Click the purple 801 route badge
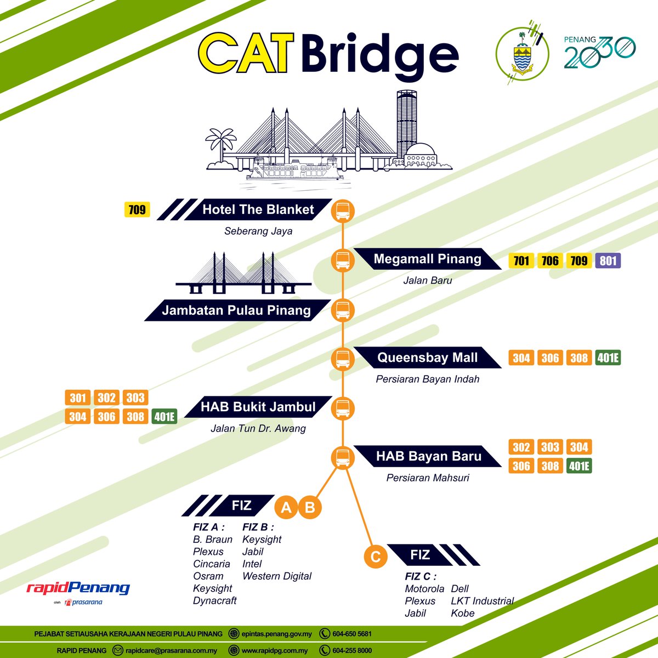pyautogui.click(x=608, y=260)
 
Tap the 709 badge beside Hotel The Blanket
pyautogui.click(x=137, y=209)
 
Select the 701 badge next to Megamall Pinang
pyautogui.click(x=521, y=260)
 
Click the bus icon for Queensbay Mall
pyautogui.click(x=343, y=359)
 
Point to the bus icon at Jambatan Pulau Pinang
pyautogui.click(x=343, y=310)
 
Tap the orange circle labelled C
pyautogui.click(x=375, y=557)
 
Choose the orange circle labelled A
pyautogui.click(x=286, y=507)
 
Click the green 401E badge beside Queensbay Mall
pyautogui.click(x=608, y=358)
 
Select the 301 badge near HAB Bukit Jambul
pyautogui.click(x=77, y=398)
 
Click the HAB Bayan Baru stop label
pyautogui.click(x=428, y=456)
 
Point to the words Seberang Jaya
pyautogui.click(x=258, y=231)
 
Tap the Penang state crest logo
pyautogui.click(x=522, y=54)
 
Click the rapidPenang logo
pyautogui.click(x=78, y=587)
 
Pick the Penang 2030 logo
pyautogui.click(x=599, y=52)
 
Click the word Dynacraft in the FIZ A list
pyautogui.click(x=214, y=600)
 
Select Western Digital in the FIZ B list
pyautogui.click(x=276, y=576)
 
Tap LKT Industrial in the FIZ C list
pyautogui.click(x=482, y=601)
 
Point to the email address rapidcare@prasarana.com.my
pyautogui.click(x=171, y=650)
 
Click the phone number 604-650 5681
pyautogui.click(x=351, y=634)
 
